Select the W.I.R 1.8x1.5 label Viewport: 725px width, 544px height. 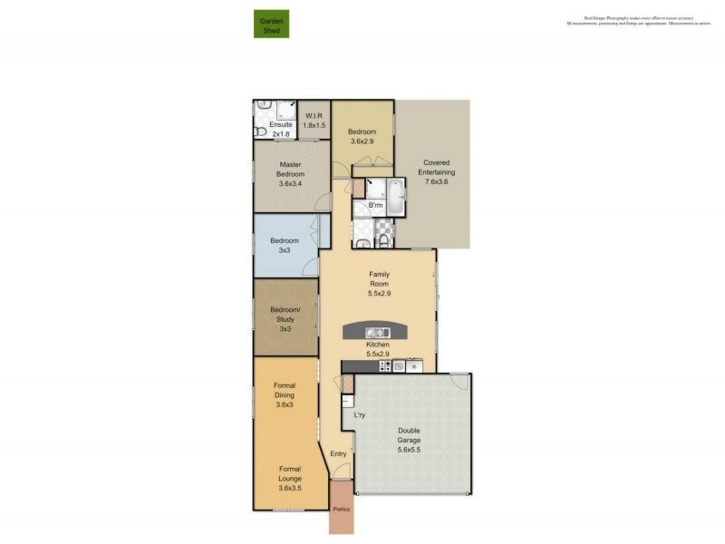click(314, 120)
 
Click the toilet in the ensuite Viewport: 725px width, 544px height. click(260, 131)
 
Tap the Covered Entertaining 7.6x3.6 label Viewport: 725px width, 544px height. click(436, 171)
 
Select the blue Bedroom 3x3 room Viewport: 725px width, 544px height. click(285, 245)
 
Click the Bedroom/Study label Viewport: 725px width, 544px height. click(285, 318)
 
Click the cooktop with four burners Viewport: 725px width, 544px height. click(384, 366)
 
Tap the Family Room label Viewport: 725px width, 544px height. click(378, 284)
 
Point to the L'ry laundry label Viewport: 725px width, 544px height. click(360, 415)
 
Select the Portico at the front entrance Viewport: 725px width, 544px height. click(341, 510)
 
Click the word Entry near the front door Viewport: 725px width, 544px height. click(338, 454)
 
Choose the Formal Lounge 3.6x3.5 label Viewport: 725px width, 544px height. click(290, 479)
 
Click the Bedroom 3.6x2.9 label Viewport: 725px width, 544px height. click(362, 137)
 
